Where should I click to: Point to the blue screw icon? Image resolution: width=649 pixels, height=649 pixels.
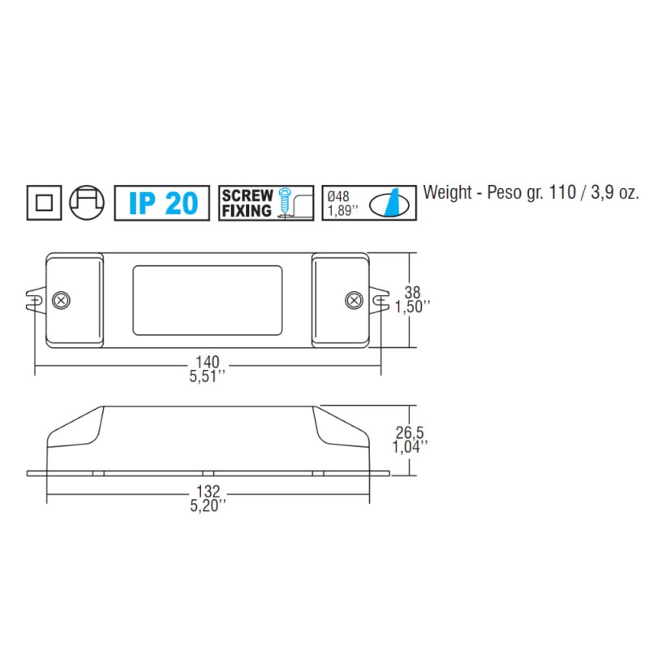[x=284, y=201]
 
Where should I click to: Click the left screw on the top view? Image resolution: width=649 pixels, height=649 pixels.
[x=60, y=299]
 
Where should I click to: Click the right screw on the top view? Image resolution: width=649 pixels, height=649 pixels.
[x=354, y=299]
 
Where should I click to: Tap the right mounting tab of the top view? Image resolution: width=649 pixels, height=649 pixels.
[x=379, y=299]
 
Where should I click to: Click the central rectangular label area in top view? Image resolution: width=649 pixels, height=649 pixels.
[x=208, y=299]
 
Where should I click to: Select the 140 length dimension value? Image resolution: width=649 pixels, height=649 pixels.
[x=208, y=362]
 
